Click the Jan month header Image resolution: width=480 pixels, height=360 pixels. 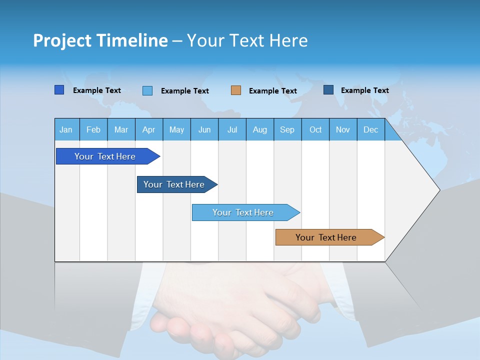[x=66, y=129]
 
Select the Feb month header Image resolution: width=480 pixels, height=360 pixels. [x=93, y=129]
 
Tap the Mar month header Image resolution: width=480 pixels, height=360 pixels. [x=121, y=129]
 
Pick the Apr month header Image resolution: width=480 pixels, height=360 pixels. [x=149, y=129]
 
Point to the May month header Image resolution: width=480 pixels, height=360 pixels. [x=176, y=129]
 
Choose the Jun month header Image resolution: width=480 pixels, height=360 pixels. [x=204, y=129]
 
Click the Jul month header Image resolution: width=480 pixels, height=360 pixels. [x=232, y=129]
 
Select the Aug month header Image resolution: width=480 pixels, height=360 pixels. [x=260, y=129]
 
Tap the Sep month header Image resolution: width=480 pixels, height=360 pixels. [x=287, y=129]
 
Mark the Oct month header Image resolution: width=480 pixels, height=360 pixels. [x=315, y=129]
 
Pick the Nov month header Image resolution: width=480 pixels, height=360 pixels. [x=343, y=129]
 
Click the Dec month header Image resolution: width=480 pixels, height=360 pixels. [x=371, y=129]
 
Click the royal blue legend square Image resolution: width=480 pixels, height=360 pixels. [x=59, y=90]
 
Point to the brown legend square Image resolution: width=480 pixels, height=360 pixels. [x=236, y=90]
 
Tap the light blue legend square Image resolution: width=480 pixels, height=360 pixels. [x=147, y=90]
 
